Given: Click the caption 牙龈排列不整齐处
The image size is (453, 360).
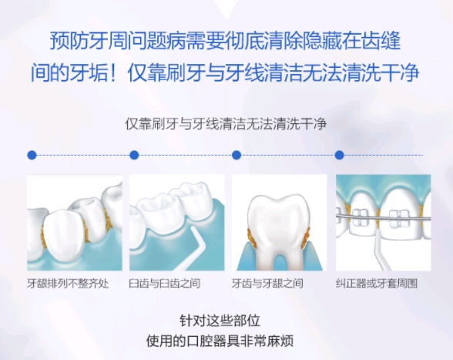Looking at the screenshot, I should pyautogui.click(x=68, y=283).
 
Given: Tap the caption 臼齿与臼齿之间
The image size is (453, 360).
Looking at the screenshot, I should pyautogui.click(x=170, y=283).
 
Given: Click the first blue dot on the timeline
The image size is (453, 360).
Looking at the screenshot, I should pyautogui.click(x=32, y=155).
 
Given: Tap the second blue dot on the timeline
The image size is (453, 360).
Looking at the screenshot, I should pyautogui.click(x=134, y=155).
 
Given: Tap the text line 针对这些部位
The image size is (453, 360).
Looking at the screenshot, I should pyautogui.click(x=226, y=321).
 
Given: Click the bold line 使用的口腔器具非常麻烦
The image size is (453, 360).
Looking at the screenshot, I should pyautogui.click(x=226, y=340).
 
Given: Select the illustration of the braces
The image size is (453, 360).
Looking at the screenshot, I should pyautogui.click(x=383, y=222).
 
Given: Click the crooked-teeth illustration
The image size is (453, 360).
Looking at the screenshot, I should pyautogui.click(x=75, y=222).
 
